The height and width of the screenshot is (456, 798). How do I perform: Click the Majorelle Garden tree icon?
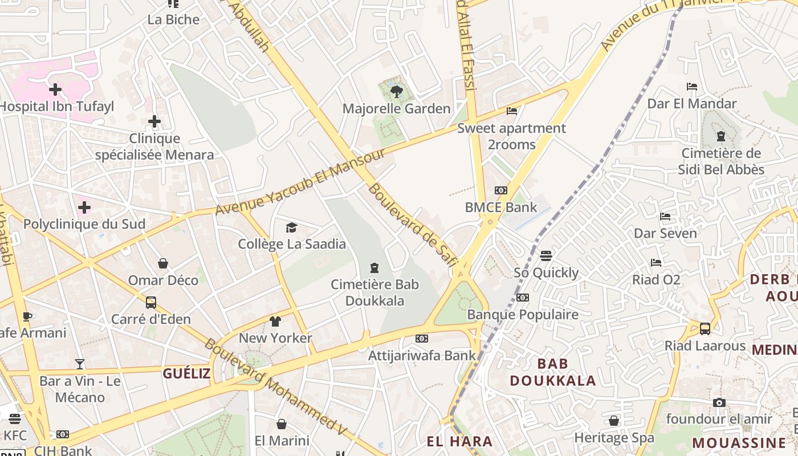tap(396, 91)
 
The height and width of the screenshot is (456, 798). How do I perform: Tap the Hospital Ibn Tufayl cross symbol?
tap(55, 89)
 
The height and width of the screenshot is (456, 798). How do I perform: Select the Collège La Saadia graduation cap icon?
tap(292, 228)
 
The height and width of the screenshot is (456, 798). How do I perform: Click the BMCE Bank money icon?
tap(501, 190)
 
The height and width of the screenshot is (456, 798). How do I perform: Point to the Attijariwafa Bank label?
tap(422, 355)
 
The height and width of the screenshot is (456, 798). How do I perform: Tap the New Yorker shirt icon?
tap(275, 321)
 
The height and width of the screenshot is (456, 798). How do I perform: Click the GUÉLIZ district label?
tap(186, 373)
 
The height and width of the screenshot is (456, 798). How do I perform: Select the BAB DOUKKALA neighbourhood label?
tap(552, 372)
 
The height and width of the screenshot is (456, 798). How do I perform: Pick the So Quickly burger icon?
tap(546, 256)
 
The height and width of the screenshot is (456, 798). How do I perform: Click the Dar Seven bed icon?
tap(665, 217)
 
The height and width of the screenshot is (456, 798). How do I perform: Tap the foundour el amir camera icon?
tap(719, 403)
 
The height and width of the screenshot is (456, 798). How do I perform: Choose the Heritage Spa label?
tap(614, 438)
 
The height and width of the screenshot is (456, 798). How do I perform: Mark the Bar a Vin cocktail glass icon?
tap(80, 364)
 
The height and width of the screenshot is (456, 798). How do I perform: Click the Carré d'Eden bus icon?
tap(151, 303)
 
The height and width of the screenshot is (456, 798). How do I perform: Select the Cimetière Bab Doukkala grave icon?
tap(374, 267)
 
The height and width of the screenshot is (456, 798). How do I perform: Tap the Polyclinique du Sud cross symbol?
tap(84, 207)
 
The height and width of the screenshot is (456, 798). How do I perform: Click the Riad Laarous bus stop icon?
tap(705, 329)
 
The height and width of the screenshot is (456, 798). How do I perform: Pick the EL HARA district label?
tap(459, 441)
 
